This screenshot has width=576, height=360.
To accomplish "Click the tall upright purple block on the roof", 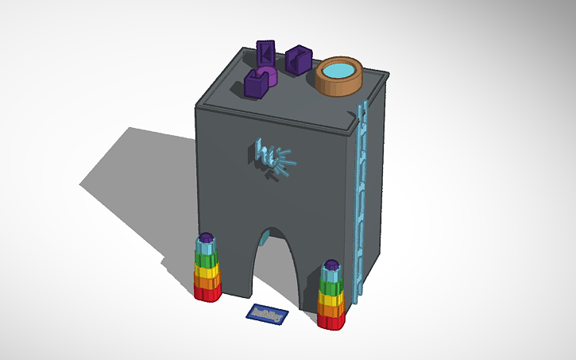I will [266, 56].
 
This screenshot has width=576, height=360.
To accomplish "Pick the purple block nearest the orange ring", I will [299, 60].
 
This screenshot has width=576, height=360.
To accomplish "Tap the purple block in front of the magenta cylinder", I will [257, 83].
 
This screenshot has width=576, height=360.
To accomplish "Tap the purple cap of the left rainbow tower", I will [207, 238].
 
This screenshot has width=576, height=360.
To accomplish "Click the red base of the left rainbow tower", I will [208, 292].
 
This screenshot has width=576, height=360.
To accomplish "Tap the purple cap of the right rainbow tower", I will [332, 264].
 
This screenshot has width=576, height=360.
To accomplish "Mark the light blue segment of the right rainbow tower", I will [332, 274].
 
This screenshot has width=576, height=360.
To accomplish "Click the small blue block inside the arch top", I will [268, 231].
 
